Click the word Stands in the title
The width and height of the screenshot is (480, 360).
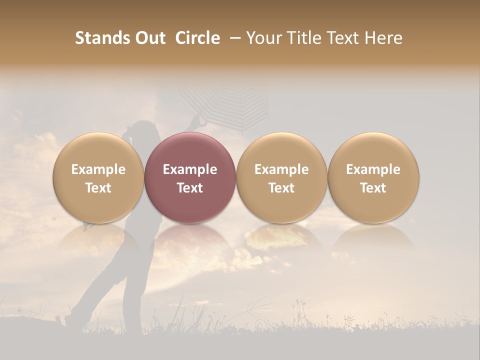point(101,38)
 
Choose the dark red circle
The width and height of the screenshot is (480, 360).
point(190,177)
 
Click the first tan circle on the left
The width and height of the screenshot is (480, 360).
point(98,177)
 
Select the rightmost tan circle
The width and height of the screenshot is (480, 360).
point(373,177)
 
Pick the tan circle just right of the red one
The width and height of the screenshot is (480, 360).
point(281,177)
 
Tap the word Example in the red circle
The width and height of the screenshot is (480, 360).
point(190,169)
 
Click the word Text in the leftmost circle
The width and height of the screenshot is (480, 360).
point(98,188)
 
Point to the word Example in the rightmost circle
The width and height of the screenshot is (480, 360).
point(373,169)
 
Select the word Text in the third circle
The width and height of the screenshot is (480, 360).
point(281,188)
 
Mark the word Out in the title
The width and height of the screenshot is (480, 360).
point(148,38)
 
